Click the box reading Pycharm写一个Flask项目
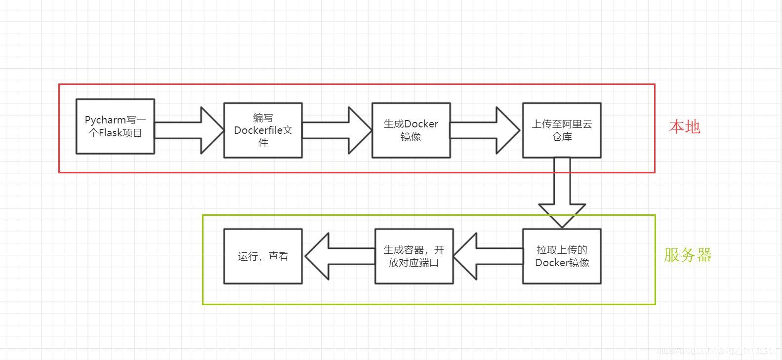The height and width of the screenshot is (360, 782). pos(115,126)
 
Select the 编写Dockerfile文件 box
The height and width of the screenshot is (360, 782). pos(263,130)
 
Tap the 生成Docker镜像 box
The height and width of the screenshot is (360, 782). pos(411,130)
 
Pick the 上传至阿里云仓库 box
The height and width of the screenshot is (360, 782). pos(562,130)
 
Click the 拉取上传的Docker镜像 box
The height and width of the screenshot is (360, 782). pos(562,256)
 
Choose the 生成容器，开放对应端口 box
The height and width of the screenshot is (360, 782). pos(414,256)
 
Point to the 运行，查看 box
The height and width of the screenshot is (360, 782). pos(263,256)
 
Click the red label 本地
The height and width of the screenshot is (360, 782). pos(684,127)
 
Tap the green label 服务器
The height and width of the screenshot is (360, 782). pos(687,255)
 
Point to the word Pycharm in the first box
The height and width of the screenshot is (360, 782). pos(105,120)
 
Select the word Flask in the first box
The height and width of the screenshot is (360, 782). pos(110,133)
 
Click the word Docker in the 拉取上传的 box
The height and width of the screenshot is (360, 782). pos(550,263)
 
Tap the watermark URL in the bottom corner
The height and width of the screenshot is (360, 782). pos(716,351)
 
